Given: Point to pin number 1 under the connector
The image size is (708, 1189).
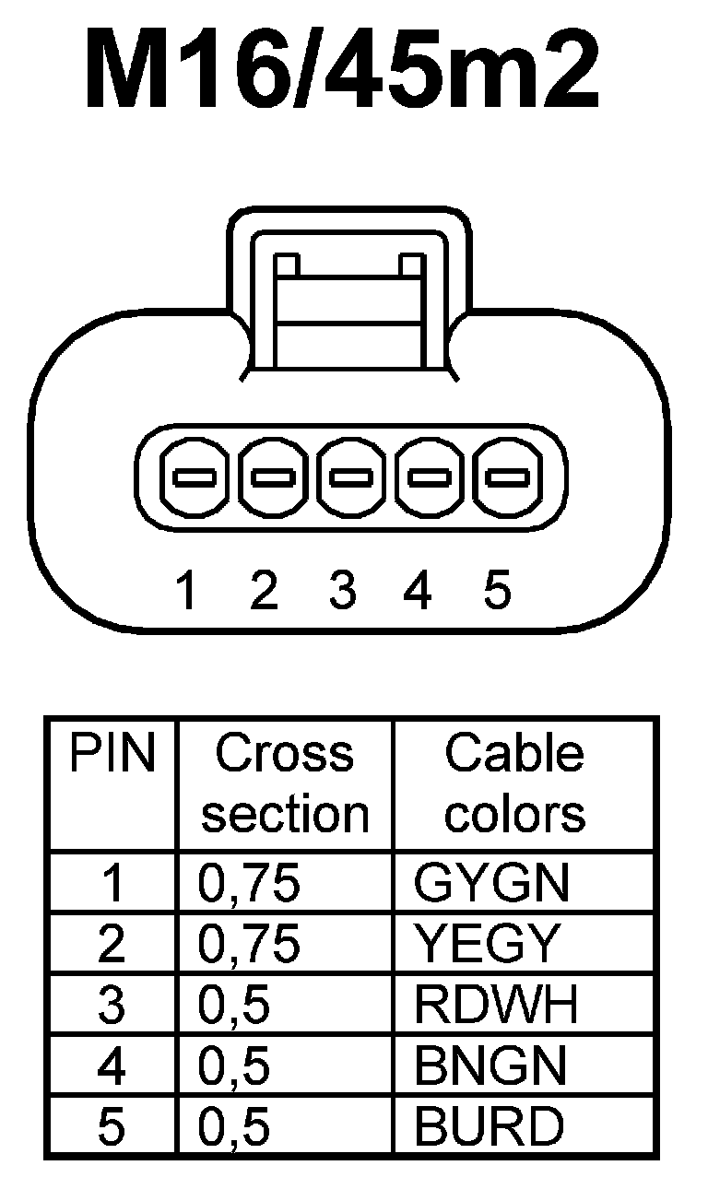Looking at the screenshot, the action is click(187, 590).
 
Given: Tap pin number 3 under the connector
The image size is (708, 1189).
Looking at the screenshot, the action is click(342, 590).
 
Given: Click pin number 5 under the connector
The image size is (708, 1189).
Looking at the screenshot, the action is click(497, 590).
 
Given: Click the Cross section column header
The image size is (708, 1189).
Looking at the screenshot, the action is click(285, 783).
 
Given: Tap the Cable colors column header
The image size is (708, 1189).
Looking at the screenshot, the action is click(514, 783).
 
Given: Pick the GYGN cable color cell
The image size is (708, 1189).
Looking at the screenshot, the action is click(491, 884).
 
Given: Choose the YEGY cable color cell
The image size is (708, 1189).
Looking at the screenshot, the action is click(487, 944).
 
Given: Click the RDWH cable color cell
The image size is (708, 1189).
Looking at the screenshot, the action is click(496, 1005).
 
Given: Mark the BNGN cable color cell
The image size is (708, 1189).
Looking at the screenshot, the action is click(490, 1065).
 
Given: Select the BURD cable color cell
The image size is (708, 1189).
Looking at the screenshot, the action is click(489, 1125).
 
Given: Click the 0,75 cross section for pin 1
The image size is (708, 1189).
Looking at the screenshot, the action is click(249, 884).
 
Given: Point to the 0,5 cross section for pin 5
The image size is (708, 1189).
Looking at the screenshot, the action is click(234, 1126).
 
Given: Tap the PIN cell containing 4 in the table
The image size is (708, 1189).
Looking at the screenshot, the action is click(112, 1065).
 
